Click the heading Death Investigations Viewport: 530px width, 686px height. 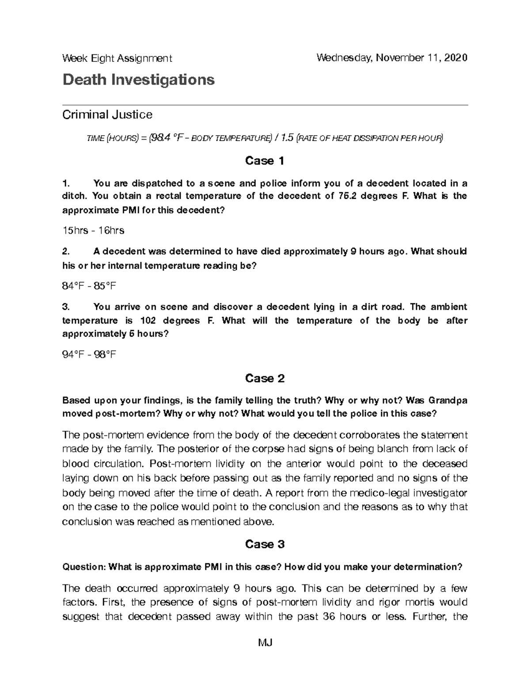click(138, 80)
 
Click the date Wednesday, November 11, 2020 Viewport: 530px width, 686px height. click(391, 58)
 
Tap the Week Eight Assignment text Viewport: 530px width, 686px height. click(117, 58)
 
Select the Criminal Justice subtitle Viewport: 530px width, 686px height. click(107, 115)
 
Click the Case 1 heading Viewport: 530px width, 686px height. click(265, 161)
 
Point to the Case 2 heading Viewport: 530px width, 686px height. click(265, 378)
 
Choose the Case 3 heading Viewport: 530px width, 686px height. click(265, 544)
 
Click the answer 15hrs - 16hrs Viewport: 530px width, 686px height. click(93, 230)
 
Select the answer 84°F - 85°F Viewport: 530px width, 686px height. click(89, 286)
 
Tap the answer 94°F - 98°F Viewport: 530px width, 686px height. click(89, 354)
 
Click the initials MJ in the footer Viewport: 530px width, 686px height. click(265, 642)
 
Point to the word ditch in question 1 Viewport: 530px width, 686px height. click(72, 196)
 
